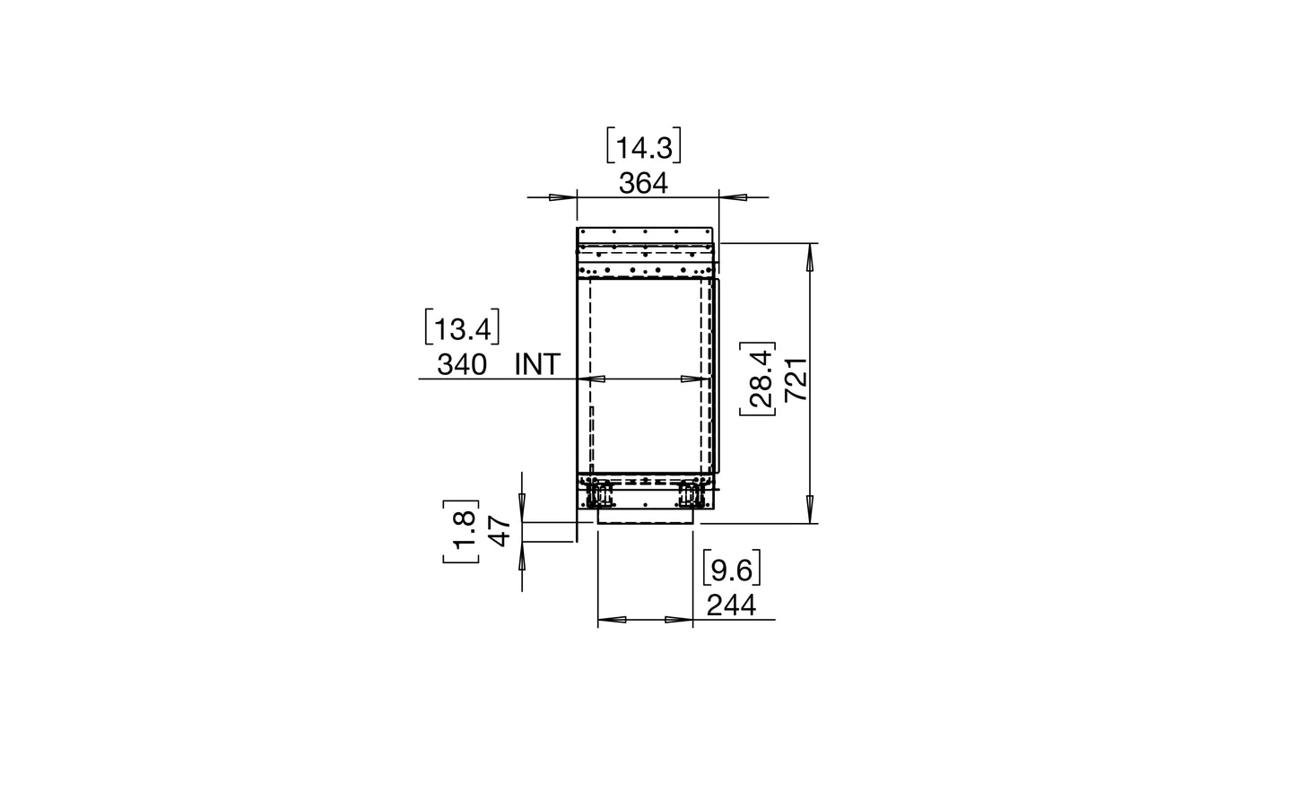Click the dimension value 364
(x=643, y=183)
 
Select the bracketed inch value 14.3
(x=643, y=146)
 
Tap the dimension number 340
(x=462, y=364)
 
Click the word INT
(x=537, y=364)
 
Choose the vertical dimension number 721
(x=796, y=379)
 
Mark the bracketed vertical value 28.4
(x=758, y=379)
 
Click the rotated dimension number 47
(x=500, y=531)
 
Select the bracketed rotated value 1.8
(x=461, y=531)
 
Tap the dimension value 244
(x=731, y=606)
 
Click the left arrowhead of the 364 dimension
(x=562, y=197)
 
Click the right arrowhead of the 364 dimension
(x=732, y=197)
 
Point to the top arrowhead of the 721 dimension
(x=811, y=256)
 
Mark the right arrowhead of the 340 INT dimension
(x=693, y=379)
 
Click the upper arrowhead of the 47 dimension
(x=522, y=508)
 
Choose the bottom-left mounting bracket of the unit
(x=596, y=492)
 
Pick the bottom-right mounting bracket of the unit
(x=692, y=492)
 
